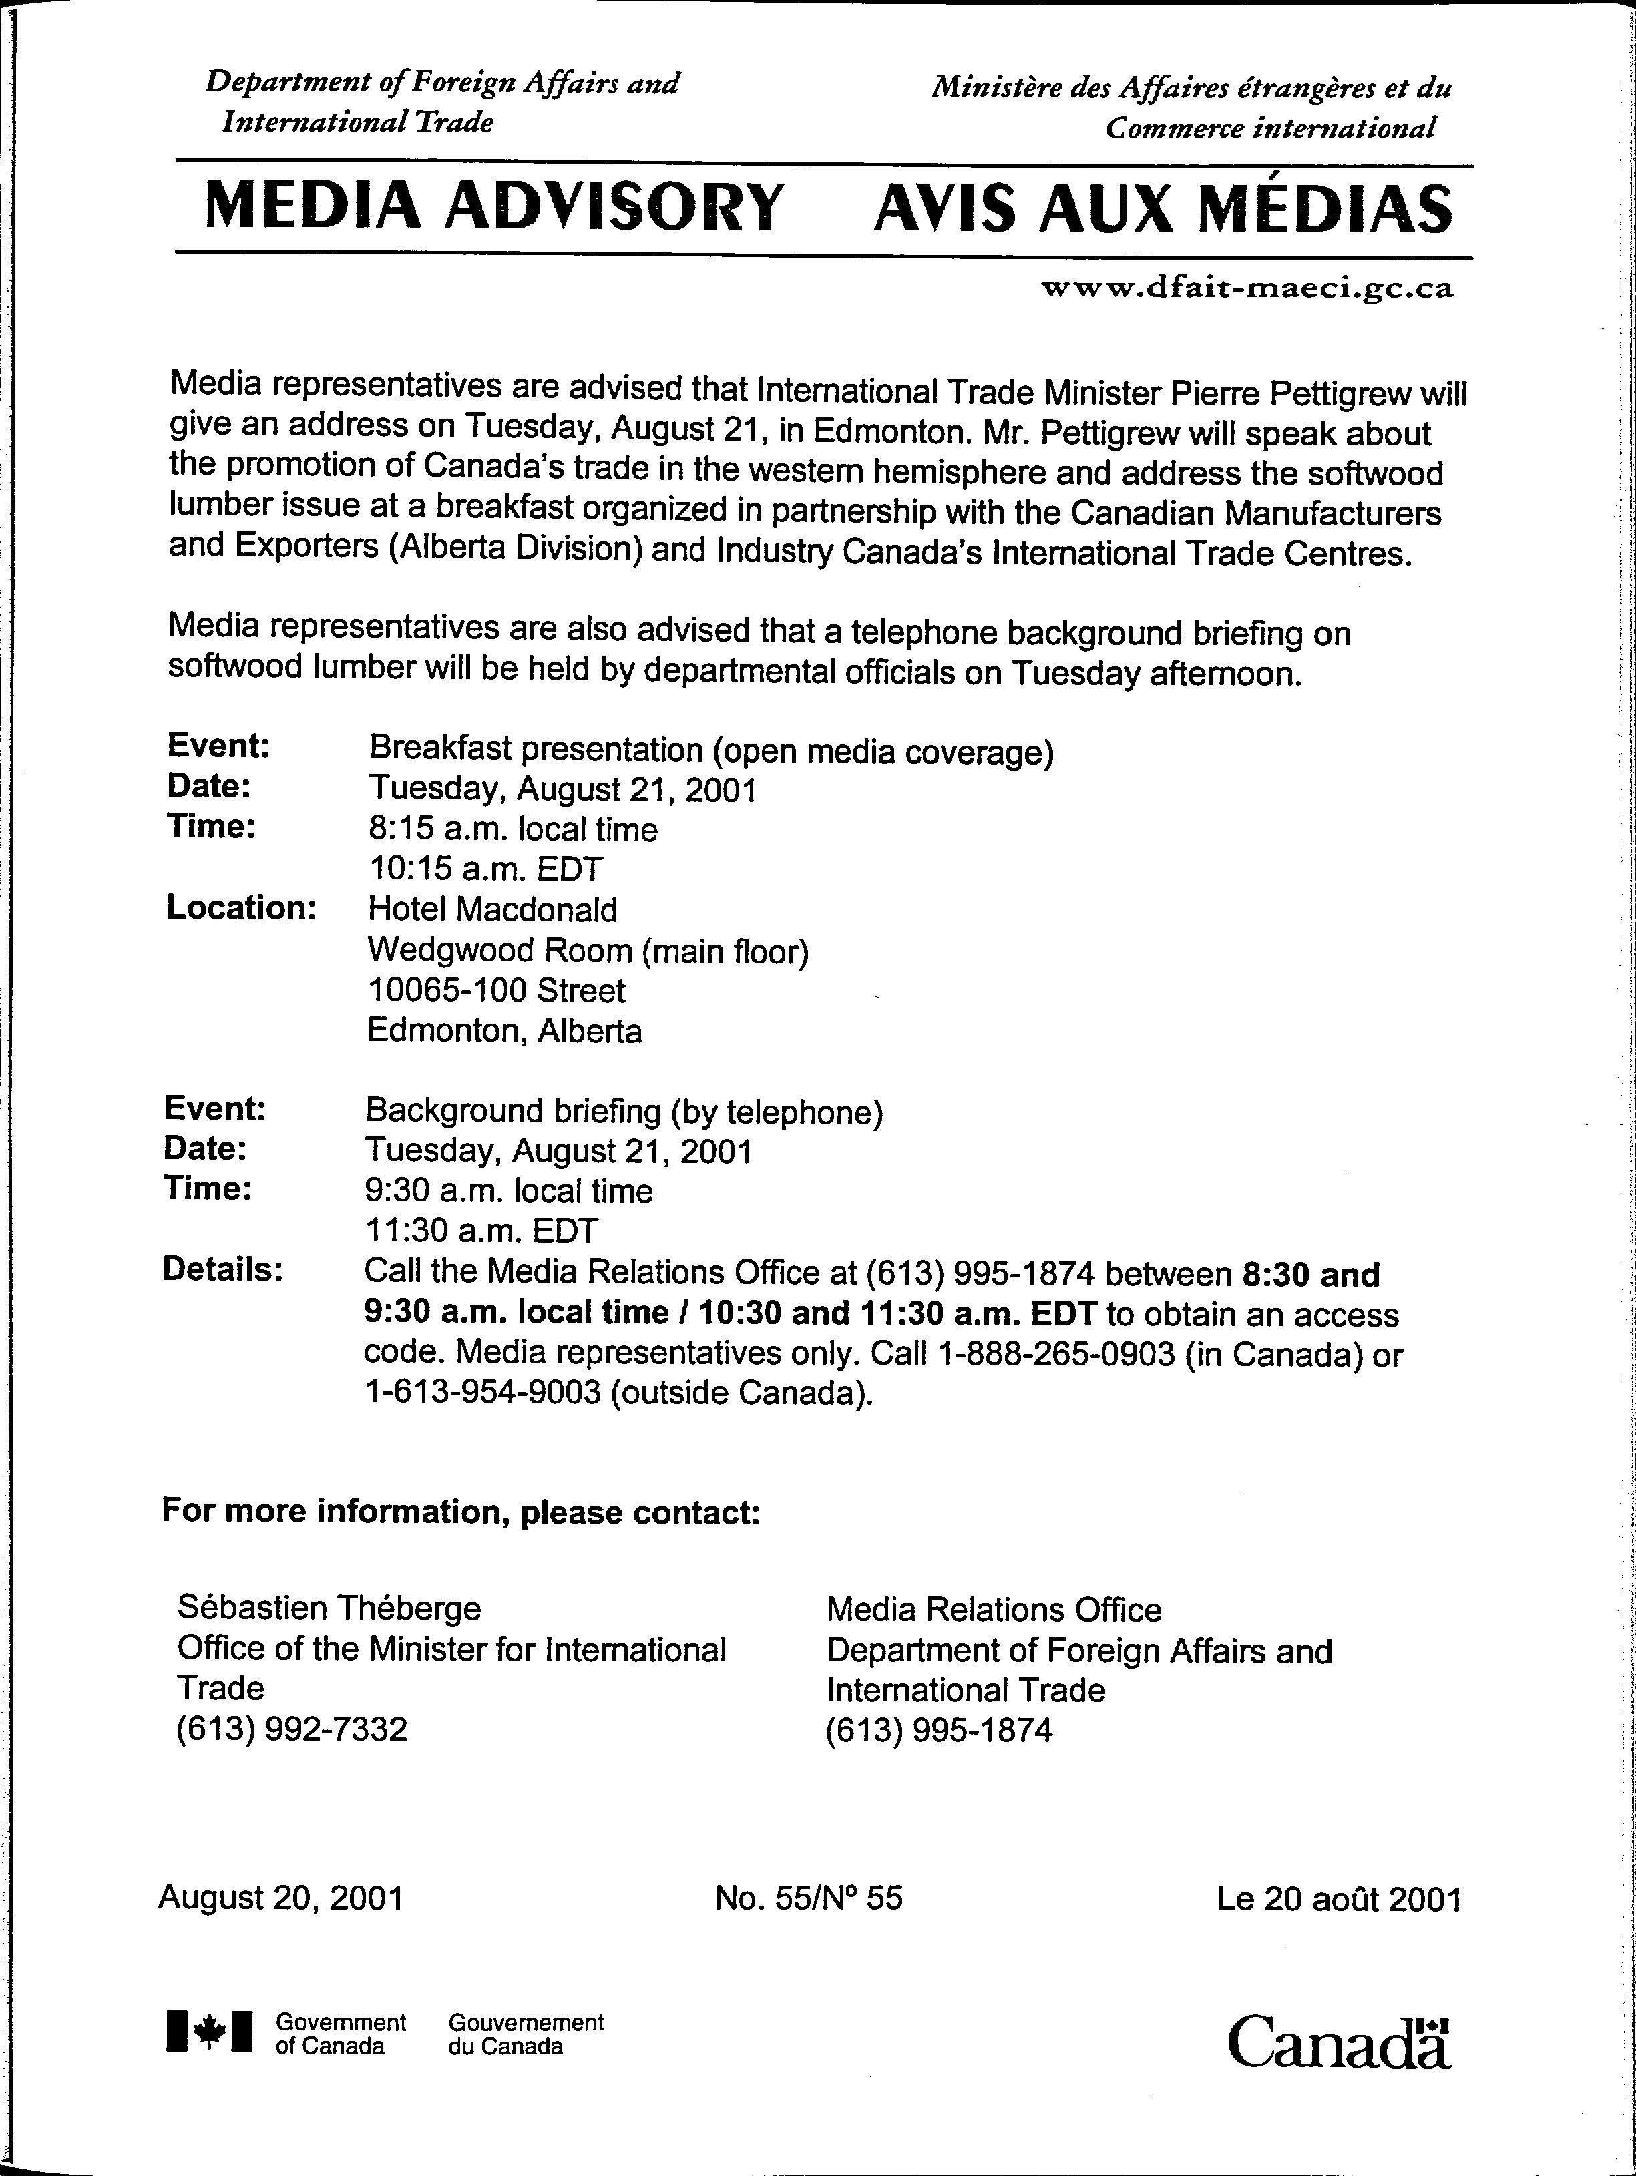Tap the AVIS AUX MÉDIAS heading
[x=1162, y=208]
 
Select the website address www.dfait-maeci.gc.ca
[x=1247, y=289]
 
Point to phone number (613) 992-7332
[x=291, y=1729]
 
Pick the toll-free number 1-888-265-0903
[x=1058, y=1355]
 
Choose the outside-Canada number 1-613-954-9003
[x=482, y=1394]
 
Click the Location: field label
[x=241, y=907]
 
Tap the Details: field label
[x=222, y=1270]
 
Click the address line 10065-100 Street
[x=496, y=990]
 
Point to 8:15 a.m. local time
[x=513, y=829]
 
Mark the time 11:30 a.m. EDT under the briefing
[x=481, y=1231]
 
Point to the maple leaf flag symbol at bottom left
[x=210, y=2031]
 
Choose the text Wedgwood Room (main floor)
[x=588, y=950]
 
